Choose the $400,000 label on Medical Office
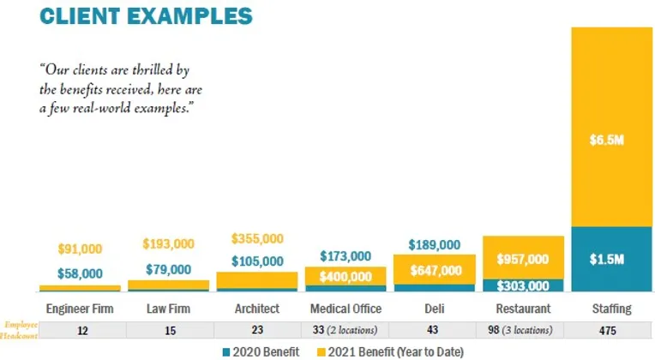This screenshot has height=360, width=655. [x=346, y=277]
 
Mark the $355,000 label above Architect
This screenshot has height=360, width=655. [x=256, y=238]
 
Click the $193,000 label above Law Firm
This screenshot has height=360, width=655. [x=169, y=245]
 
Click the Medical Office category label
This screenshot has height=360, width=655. [x=346, y=308]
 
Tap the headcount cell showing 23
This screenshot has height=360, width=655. [x=256, y=330]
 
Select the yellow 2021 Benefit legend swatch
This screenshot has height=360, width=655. [x=322, y=351]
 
